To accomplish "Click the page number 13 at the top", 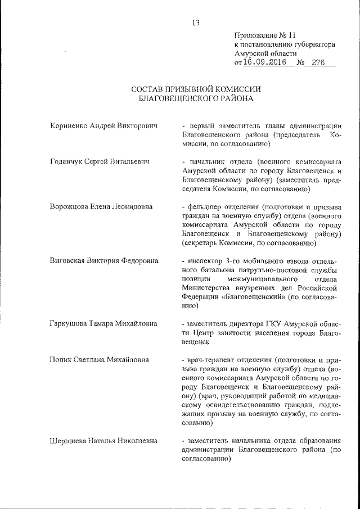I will (196, 22).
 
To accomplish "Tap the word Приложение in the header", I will (256, 35).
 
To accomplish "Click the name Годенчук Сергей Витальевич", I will (100, 162).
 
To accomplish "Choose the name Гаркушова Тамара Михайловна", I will (103, 323).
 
